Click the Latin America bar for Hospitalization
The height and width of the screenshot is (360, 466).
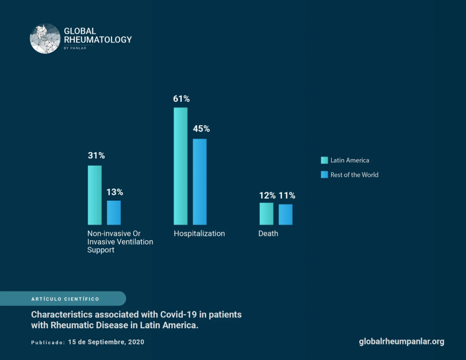(x=181, y=166)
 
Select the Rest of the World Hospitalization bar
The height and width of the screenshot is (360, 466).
(x=200, y=182)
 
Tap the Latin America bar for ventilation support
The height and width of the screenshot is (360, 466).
(x=95, y=195)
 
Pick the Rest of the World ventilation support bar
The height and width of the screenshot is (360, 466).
(x=114, y=213)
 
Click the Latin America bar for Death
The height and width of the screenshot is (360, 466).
(x=266, y=214)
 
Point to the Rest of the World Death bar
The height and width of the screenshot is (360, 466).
(x=285, y=214)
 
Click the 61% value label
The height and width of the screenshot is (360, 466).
(x=181, y=99)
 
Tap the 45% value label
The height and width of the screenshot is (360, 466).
(x=201, y=129)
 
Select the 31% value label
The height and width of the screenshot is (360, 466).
(x=96, y=155)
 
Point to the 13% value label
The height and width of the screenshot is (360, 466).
(x=114, y=192)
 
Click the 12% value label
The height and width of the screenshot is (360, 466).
(x=267, y=195)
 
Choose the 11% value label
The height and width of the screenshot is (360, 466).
(x=287, y=195)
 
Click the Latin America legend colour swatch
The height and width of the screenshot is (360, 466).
(x=325, y=160)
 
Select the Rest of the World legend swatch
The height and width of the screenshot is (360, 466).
(x=325, y=175)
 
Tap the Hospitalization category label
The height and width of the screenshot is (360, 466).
(x=199, y=234)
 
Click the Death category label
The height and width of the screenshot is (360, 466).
(x=268, y=234)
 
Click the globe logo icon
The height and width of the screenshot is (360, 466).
(x=45, y=38)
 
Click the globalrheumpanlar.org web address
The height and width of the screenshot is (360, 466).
(x=401, y=342)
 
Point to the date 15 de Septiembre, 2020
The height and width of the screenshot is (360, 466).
(x=106, y=342)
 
